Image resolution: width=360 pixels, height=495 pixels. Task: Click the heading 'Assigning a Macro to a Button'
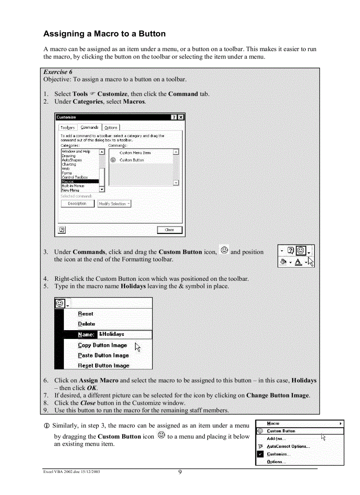105,34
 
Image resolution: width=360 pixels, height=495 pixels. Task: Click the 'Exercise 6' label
58,72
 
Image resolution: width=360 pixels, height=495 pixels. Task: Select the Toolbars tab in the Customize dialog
67,128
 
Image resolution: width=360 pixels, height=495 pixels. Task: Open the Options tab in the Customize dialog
111,128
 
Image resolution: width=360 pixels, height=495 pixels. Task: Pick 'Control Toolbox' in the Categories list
75,177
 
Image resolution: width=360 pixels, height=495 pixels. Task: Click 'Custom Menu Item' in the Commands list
135,153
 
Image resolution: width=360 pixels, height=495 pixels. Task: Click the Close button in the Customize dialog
169,230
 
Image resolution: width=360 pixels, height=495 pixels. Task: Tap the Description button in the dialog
77,204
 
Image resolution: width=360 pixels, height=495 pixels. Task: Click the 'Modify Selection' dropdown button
114,204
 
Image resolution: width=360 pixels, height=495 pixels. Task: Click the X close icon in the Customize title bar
181,117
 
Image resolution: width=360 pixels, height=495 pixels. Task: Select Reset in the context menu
86,314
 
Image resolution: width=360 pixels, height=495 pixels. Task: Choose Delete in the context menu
86,324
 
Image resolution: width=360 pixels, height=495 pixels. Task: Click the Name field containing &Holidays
124,335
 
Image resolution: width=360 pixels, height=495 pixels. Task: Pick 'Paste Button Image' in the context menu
103,355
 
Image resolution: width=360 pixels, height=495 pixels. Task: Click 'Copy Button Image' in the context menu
102,345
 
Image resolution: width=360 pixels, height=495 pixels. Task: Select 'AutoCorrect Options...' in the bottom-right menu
288,447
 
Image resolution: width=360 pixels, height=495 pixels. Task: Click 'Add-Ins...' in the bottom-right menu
276,439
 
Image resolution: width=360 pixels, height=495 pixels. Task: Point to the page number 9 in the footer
180,473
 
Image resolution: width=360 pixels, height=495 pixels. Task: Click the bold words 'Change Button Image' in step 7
277,395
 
